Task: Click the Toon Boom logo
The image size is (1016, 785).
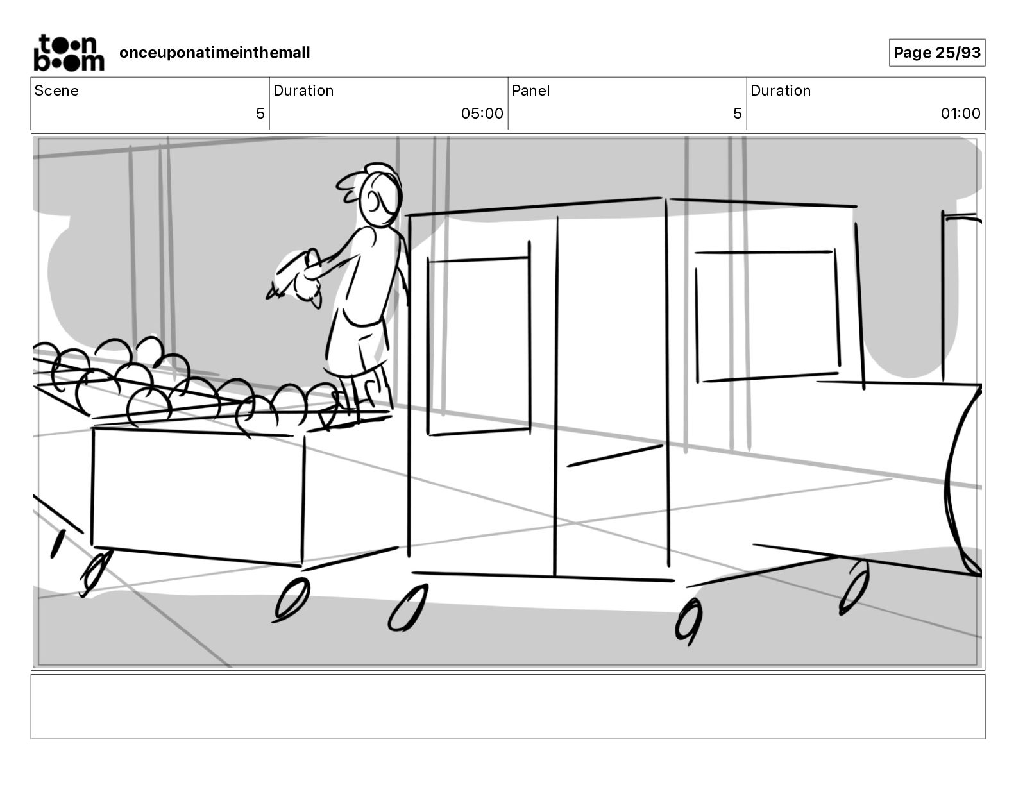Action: point(68,53)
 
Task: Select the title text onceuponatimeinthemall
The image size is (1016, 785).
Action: point(214,53)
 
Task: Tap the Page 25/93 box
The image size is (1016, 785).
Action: point(936,53)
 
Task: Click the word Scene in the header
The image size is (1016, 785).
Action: point(56,90)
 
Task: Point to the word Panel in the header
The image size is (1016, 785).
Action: point(530,90)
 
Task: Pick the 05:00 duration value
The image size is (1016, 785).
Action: point(482,114)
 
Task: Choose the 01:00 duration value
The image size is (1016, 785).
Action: point(960,114)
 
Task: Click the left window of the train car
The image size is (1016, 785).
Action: point(478,346)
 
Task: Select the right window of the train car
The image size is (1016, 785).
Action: point(767,316)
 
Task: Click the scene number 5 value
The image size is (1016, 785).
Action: point(260,114)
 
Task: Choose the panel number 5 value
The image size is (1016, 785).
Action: point(737,114)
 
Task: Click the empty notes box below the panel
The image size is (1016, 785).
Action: point(507,706)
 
